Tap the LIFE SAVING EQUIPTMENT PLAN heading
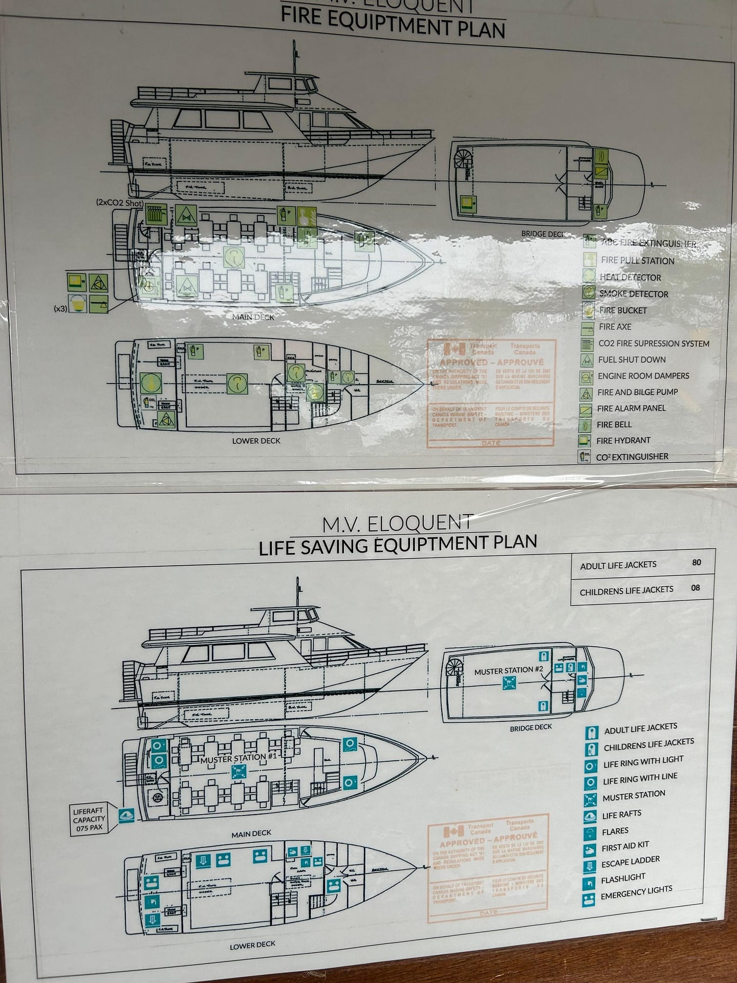[x=398, y=544]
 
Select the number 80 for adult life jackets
[x=696, y=562]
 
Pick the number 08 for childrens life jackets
[x=695, y=588]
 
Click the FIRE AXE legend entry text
[x=615, y=327]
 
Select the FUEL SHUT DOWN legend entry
[x=632, y=359]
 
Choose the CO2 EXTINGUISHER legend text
[x=632, y=457]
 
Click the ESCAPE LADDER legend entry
[x=631, y=863]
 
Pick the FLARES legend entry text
[x=615, y=831]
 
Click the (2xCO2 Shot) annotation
[x=119, y=203]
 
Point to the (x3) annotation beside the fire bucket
[x=60, y=309]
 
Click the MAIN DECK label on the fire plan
[x=253, y=317]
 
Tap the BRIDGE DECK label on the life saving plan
[x=531, y=727]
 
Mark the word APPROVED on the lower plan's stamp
[x=461, y=843]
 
